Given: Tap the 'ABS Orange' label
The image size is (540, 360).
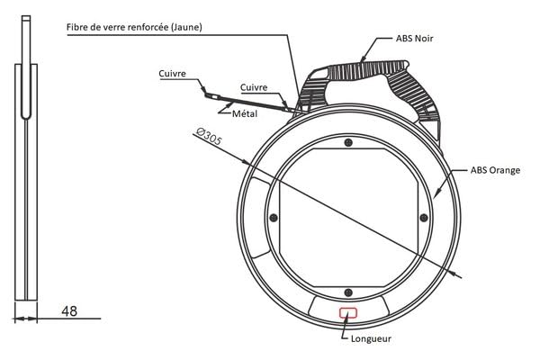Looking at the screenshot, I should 492,169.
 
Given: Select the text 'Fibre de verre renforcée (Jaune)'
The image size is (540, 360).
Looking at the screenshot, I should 134,26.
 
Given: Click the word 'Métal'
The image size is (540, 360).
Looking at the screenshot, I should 246,114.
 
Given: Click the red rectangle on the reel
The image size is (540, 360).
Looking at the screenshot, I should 347,312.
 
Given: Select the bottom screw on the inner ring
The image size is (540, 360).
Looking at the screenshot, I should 347,292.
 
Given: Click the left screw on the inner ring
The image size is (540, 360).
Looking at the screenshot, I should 273,217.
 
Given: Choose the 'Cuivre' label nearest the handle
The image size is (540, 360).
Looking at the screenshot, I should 255,87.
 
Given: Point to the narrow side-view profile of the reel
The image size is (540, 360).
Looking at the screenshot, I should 25,180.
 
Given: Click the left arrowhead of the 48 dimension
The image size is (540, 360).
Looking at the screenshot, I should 16,317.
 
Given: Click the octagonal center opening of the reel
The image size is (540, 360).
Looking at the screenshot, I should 347,218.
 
